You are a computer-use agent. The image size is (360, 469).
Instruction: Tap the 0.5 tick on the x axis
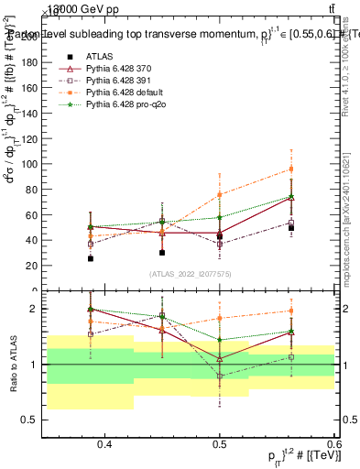pyautogui.click(x=219, y=444)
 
